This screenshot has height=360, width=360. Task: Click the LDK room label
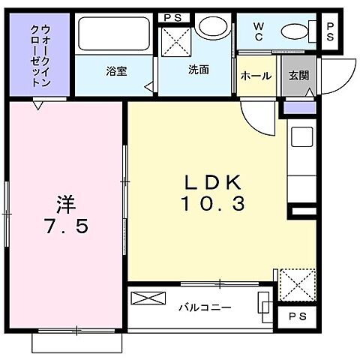pos(214,182)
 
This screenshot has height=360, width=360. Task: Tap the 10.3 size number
pos(214,203)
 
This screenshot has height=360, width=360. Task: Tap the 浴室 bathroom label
pos(115,71)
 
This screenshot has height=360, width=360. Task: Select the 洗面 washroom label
pos(198,70)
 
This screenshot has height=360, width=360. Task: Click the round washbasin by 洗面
pos(217,28)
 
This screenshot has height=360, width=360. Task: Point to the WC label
pos(257,31)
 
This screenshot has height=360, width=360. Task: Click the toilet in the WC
pos(295,32)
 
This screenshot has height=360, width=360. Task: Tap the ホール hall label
pos(256,76)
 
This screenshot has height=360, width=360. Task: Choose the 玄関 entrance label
pos(296,76)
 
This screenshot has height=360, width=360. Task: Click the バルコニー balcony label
pos(204,307)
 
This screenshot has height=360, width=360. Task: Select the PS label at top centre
pos(171,16)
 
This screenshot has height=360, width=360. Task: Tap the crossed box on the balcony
pos(146,298)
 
